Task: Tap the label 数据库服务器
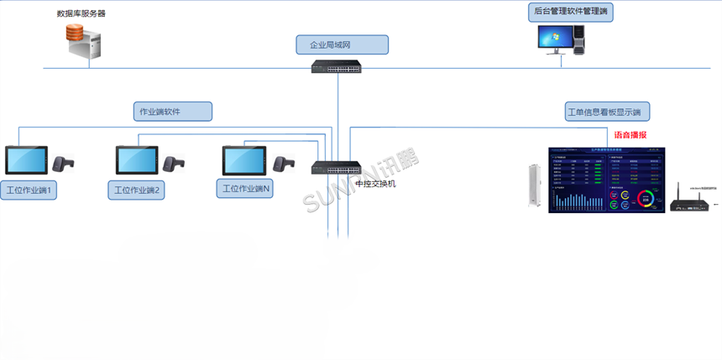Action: point(81,13)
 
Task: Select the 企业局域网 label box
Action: point(342,44)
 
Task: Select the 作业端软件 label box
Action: point(173,111)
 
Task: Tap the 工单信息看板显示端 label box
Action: point(603,112)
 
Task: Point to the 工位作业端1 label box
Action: point(29,190)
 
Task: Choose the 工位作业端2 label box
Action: point(137,190)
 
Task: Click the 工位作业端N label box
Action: point(245,188)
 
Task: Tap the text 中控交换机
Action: point(374,184)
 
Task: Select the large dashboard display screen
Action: point(607,180)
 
